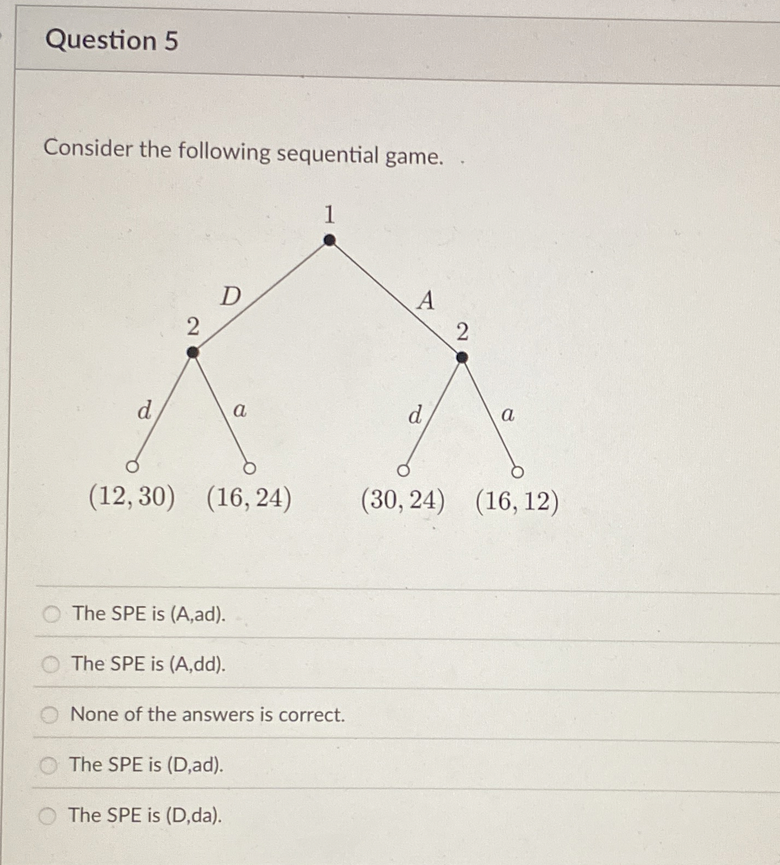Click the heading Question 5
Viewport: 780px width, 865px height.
coord(112,41)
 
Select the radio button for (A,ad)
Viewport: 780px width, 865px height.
coord(52,615)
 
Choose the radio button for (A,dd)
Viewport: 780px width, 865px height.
coord(51,664)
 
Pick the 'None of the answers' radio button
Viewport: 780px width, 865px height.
coord(50,715)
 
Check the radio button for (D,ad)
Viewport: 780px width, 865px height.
coord(49,765)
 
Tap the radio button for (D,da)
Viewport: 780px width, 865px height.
coord(48,816)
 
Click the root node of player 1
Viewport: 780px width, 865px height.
coord(329,240)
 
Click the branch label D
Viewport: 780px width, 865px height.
coord(231,297)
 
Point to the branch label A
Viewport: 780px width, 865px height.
coord(426,301)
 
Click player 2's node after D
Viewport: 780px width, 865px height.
coord(192,353)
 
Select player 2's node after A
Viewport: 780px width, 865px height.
coord(462,358)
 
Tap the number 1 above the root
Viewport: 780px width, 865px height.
coord(329,214)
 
